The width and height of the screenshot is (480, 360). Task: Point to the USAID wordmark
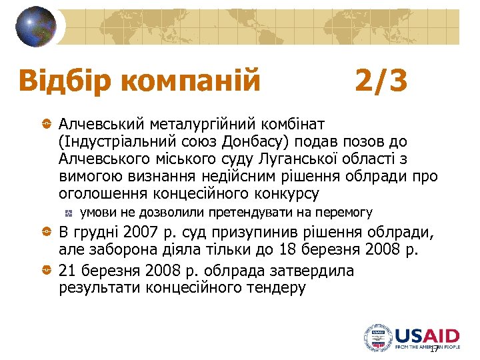tap(427, 335)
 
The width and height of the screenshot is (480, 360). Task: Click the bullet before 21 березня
tap(46, 271)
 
